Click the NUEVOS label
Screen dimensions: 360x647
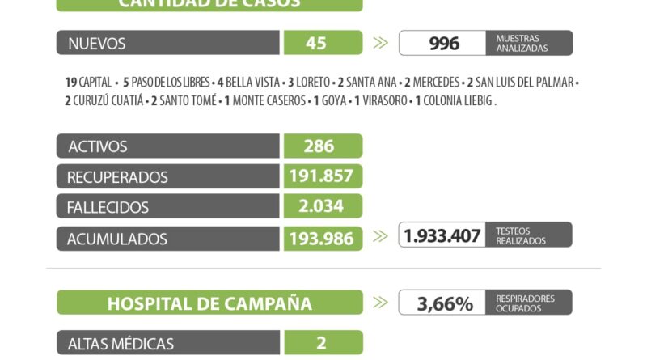(97, 44)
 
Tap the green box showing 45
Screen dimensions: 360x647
(322, 44)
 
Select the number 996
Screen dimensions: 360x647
(443, 44)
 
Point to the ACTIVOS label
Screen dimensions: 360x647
(98, 146)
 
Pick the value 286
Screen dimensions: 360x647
(322, 146)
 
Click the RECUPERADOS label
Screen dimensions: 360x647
(118, 177)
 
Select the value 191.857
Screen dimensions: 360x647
(322, 177)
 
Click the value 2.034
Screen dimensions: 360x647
(322, 208)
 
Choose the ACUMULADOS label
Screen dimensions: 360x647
(118, 239)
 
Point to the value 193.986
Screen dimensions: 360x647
(322, 239)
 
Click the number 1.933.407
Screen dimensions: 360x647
(442, 235)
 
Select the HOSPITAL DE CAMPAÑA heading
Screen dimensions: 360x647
(209, 304)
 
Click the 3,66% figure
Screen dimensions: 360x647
(444, 304)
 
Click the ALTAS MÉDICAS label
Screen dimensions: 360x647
(121, 344)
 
